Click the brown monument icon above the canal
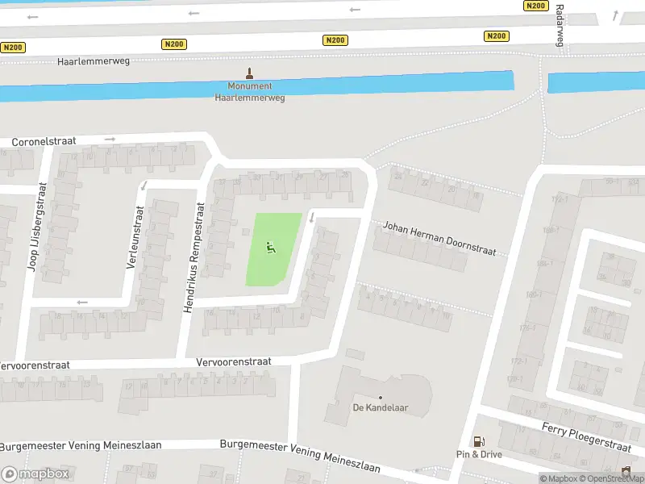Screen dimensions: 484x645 248,73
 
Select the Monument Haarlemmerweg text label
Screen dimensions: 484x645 249,91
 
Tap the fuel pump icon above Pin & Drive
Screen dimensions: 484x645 479,441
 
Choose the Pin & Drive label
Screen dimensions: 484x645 479,454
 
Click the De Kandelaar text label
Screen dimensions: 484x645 381,407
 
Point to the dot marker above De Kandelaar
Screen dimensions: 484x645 381,396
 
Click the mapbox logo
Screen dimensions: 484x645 35,474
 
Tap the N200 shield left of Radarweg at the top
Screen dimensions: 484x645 535,6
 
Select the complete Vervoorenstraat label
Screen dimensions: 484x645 234,362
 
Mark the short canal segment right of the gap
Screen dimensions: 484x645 596,82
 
